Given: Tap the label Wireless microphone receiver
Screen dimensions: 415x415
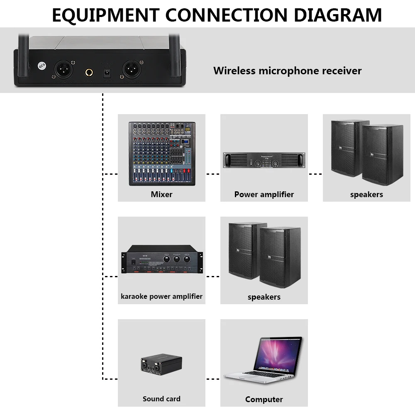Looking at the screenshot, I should [x=287, y=71].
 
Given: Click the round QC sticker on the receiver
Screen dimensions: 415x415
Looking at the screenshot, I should [x=41, y=66].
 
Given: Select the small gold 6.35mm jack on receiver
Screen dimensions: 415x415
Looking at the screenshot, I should [x=89, y=73].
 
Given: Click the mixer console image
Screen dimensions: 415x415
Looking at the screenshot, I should [x=162, y=154].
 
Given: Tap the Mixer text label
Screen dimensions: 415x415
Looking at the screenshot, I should [x=161, y=194].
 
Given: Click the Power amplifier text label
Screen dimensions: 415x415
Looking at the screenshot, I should [x=264, y=194].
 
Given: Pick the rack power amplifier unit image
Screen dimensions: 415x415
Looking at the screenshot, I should [x=264, y=161].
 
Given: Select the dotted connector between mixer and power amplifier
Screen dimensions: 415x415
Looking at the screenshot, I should [x=213, y=174].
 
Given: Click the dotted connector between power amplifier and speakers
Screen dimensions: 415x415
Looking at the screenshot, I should [x=315, y=174].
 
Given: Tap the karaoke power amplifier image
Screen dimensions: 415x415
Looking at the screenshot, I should [x=161, y=259].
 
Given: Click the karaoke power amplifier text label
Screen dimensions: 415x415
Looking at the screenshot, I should [x=161, y=296].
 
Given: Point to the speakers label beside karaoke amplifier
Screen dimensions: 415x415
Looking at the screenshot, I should [x=264, y=297].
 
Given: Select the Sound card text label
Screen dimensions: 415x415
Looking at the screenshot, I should [x=161, y=399].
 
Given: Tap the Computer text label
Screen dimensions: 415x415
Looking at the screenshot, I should [x=264, y=399].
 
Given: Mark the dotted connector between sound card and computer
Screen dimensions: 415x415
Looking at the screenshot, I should [x=213, y=379].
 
